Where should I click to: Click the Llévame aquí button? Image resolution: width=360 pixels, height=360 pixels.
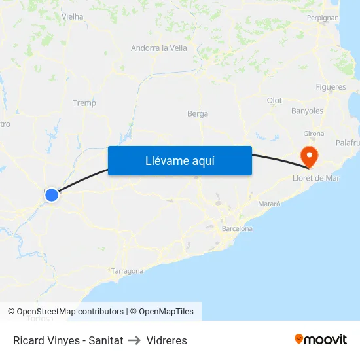coord(179,161)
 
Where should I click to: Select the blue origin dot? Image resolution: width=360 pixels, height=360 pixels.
coord(52,194)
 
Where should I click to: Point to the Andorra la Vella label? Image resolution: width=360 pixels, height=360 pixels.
coord(158,48)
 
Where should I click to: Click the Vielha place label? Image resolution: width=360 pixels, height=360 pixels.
coord(72,16)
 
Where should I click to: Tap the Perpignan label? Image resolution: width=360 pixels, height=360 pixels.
coord(322,18)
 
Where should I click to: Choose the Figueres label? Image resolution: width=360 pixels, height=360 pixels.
coord(331,87)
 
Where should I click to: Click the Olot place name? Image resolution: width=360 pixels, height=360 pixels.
coord(274,100)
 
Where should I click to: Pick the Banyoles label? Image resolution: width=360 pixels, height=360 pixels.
coord(307,111)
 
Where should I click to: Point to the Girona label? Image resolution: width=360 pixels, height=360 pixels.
coord(314,134)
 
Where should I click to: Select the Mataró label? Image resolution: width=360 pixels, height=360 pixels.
coord(269,204)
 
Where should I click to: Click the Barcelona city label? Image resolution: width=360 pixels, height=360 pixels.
coord(237,229)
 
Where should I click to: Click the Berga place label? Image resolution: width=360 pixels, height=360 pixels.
coord(198,114)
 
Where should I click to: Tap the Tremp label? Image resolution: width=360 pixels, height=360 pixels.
coord(84,103)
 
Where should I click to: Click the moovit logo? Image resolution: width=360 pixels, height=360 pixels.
coord(321,340)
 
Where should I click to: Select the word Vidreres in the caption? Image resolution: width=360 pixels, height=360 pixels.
coord(167,340)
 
